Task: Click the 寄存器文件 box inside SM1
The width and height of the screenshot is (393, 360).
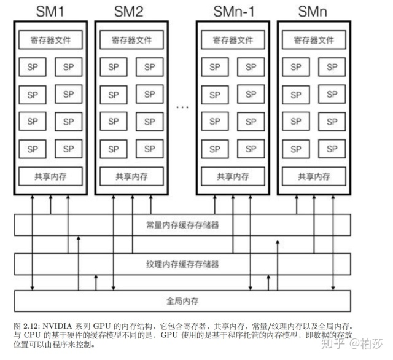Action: [50, 41]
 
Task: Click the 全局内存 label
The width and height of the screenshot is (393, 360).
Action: [183, 302]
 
